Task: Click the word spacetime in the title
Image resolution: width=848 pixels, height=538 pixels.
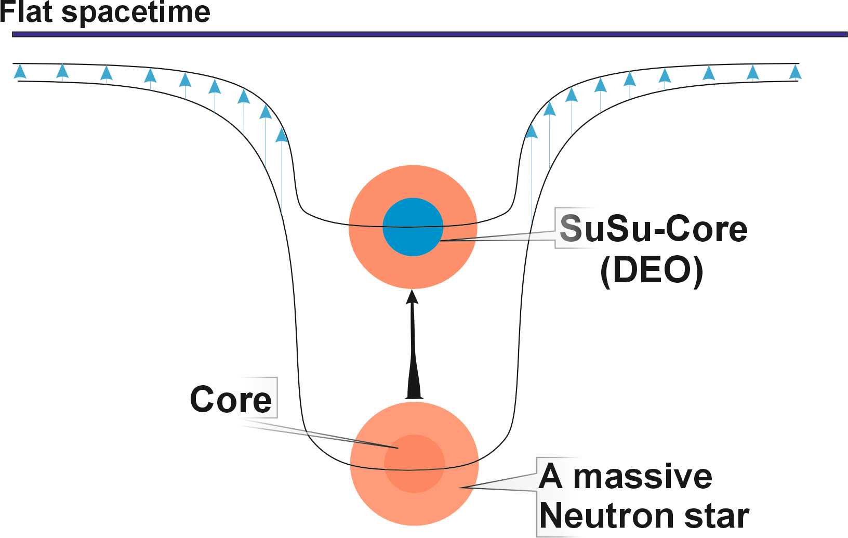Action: (x=136, y=12)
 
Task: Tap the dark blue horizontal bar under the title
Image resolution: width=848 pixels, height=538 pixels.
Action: (x=429, y=34)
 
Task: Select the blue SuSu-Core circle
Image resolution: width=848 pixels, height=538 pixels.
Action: (x=413, y=227)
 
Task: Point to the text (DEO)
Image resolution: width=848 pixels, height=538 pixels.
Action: (x=652, y=270)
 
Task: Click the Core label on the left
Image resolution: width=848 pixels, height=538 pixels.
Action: (x=231, y=399)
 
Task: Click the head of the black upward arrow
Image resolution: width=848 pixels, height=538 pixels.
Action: (x=413, y=297)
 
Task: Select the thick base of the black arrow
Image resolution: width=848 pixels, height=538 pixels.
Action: (x=414, y=390)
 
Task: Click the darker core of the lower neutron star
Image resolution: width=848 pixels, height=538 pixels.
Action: (x=414, y=464)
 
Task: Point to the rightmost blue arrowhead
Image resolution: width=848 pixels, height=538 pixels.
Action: (x=795, y=71)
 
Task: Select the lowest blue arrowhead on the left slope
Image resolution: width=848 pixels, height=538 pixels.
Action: (x=281, y=135)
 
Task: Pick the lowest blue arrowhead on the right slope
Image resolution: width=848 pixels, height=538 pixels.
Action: (x=531, y=130)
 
